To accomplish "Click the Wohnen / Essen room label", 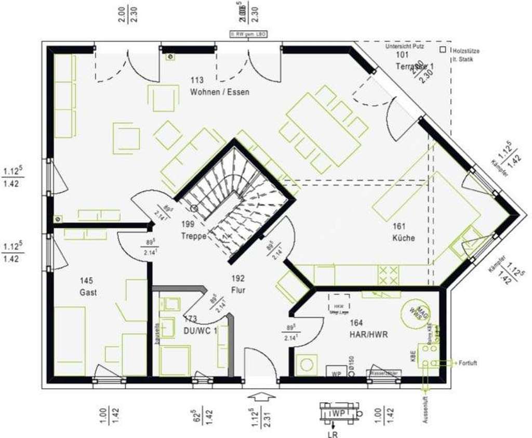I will click(x=219, y=92).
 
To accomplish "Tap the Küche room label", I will click(x=404, y=238).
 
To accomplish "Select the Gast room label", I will click(x=88, y=292).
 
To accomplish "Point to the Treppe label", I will click(x=194, y=235).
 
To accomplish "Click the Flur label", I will click(x=239, y=290).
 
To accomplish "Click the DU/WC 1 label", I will click(x=199, y=330).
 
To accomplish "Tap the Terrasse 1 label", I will click(x=414, y=67).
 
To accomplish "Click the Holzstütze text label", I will click(x=466, y=51).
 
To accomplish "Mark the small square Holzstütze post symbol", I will click(x=442, y=50).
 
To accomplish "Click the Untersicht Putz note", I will click(x=405, y=46).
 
